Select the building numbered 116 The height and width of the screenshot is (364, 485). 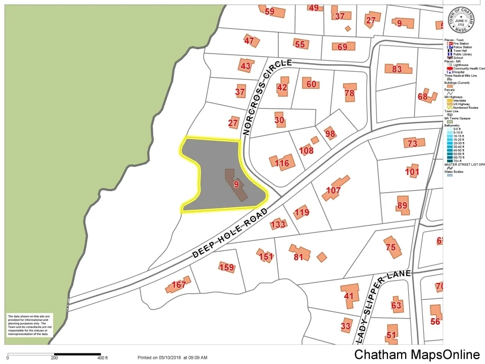282,163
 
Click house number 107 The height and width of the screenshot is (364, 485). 333,191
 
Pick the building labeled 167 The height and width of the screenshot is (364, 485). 178,285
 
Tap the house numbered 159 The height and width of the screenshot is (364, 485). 227,267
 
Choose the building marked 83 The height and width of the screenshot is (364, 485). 397,69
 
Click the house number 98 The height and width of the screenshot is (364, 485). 330,133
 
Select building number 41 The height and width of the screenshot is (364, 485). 349,296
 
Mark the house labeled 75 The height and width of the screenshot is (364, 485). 391,247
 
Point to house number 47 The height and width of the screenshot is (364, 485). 249,40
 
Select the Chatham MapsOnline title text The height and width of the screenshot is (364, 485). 417,355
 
